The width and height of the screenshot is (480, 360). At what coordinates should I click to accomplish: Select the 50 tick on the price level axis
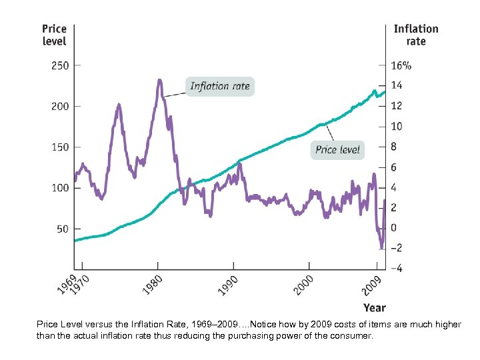(62, 229)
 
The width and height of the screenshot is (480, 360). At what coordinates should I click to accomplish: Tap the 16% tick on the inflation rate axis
(401, 65)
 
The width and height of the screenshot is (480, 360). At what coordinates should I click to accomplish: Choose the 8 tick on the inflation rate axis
(394, 147)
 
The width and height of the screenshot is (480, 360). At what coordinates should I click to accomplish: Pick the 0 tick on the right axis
(394, 228)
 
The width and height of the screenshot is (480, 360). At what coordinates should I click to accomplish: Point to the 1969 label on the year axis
(63, 287)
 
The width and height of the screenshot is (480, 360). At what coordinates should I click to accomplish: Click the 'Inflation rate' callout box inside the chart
(219, 86)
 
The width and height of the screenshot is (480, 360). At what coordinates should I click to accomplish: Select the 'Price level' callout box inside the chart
(337, 149)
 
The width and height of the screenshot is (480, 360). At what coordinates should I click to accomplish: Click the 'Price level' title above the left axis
(54, 35)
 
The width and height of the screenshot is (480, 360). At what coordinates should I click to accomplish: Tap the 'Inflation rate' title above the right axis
(415, 35)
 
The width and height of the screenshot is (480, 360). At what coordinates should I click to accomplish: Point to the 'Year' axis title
(374, 307)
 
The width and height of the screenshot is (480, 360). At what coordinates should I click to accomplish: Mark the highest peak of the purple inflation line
(159, 81)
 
